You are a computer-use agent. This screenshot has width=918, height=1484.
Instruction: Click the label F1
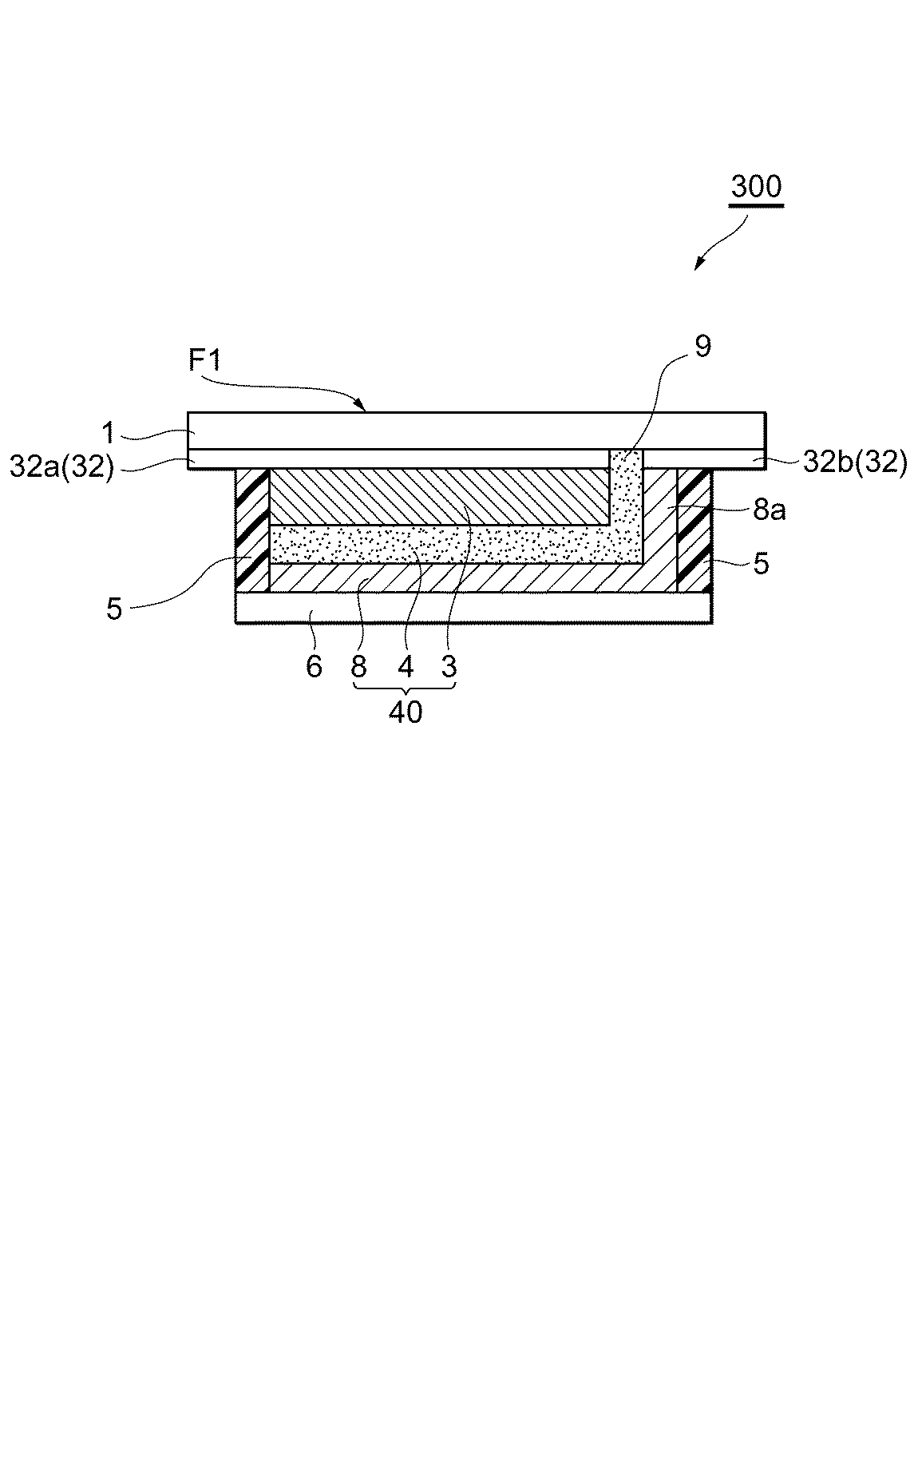pos(206,361)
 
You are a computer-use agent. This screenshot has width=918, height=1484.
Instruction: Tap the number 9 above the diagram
pos(702,347)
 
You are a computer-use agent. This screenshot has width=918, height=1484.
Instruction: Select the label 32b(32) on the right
pos(854,462)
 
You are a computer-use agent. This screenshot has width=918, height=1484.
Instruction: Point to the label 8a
pos(769,510)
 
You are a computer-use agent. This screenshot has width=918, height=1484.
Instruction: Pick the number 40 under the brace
pos(406,712)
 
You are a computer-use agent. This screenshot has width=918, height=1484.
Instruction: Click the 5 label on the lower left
pos(114,609)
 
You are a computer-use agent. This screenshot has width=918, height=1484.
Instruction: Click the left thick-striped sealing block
pos(252,530)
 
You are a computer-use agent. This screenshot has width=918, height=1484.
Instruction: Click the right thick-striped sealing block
pos(694,530)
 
